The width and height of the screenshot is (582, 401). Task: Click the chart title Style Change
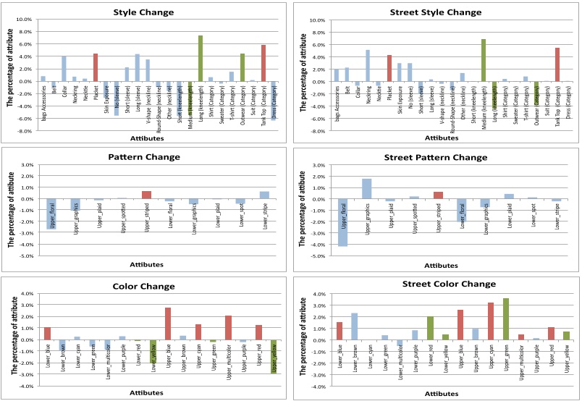click(147, 12)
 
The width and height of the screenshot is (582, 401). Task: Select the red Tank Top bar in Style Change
click(263, 63)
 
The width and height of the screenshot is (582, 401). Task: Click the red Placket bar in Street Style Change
click(389, 68)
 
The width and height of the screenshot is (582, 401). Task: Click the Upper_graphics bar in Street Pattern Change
click(367, 188)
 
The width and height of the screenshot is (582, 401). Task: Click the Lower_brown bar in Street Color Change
click(355, 326)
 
